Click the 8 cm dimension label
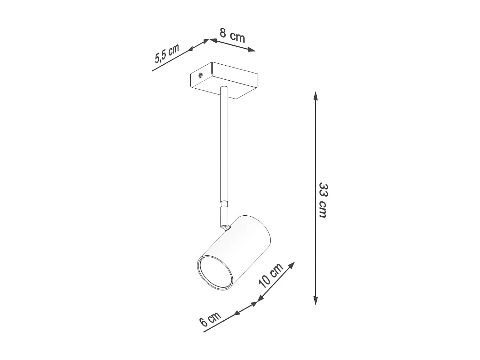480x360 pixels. [x=232, y=36]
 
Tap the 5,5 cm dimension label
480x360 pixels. [x=167, y=54]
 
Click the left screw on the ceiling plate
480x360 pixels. [x=200, y=75]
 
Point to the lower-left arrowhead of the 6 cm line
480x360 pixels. [x=236, y=313]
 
